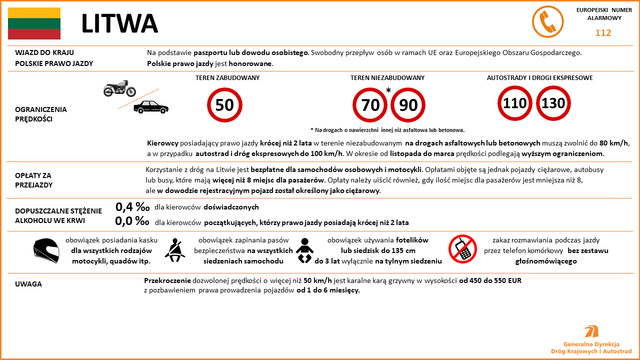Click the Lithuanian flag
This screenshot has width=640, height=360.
click(x=34, y=23)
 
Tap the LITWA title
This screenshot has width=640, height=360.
click(x=119, y=23)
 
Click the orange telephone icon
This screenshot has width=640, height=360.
click(x=547, y=22)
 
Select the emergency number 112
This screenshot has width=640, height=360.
click(x=603, y=33)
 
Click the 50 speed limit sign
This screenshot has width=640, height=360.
click(x=224, y=105)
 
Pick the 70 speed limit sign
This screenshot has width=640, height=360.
click(x=370, y=105)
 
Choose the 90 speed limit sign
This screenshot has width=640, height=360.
click(x=408, y=105)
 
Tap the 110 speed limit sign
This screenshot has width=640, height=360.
click(x=515, y=103)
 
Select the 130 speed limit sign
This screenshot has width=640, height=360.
click(x=553, y=103)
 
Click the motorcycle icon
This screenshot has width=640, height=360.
click(x=119, y=88)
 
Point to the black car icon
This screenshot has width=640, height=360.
click(x=151, y=107)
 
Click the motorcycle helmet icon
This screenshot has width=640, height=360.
click(x=46, y=250)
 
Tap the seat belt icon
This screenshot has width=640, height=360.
click(x=175, y=250)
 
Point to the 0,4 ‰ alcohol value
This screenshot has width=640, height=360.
click(x=132, y=207)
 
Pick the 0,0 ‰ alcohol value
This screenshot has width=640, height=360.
click(x=132, y=221)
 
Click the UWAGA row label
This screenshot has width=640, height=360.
click(x=28, y=284)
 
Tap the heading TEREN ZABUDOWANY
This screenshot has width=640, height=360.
click(x=227, y=78)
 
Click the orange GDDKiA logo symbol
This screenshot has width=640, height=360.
click(x=591, y=331)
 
